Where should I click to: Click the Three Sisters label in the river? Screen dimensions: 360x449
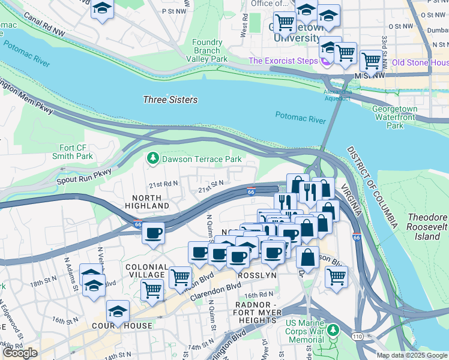tap(170, 100)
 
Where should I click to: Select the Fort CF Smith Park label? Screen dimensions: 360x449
tap(76, 152)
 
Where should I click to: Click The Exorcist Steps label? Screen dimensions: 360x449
tap(284, 61)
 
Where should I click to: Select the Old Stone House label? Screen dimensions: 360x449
tap(420, 62)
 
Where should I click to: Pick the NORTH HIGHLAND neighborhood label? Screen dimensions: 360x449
tap(147, 201)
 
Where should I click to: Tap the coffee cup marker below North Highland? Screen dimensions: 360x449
tap(154, 233)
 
